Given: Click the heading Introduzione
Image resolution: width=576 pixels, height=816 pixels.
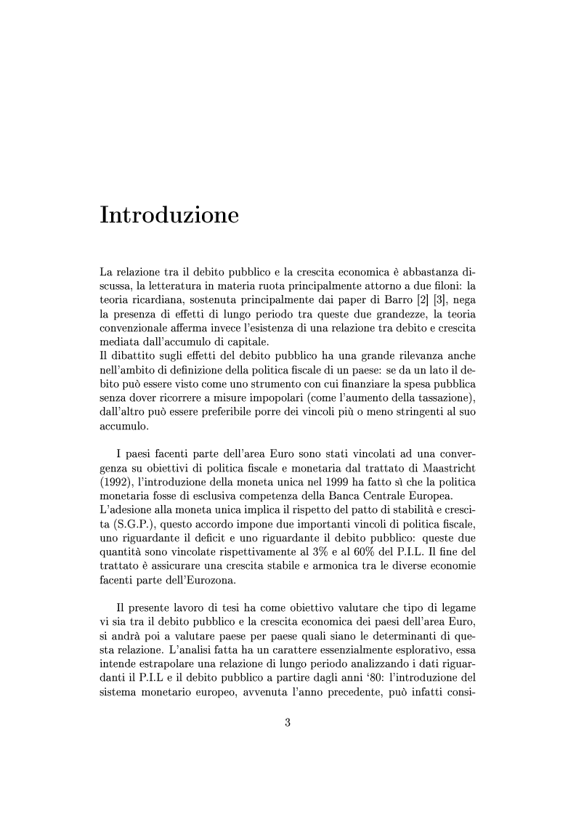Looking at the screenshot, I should click(x=169, y=216).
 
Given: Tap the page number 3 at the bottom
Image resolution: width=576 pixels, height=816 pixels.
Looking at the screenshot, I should click(x=288, y=722).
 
